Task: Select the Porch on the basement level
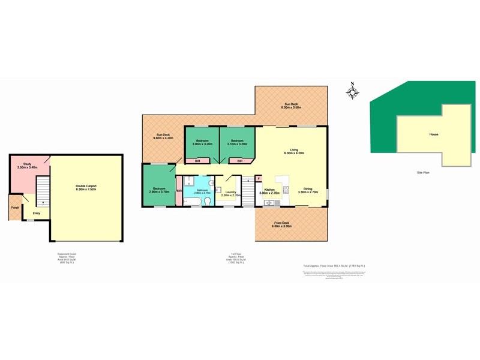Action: [15, 208]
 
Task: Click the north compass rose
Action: [353, 92]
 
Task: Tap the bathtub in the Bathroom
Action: [194, 202]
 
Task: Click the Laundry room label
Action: [231, 193]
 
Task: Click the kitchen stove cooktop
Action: [286, 190]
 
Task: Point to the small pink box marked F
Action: [259, 178]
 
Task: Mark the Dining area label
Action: [307, 190]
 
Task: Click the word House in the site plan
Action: [433, 134]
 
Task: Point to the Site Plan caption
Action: [424, 173]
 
